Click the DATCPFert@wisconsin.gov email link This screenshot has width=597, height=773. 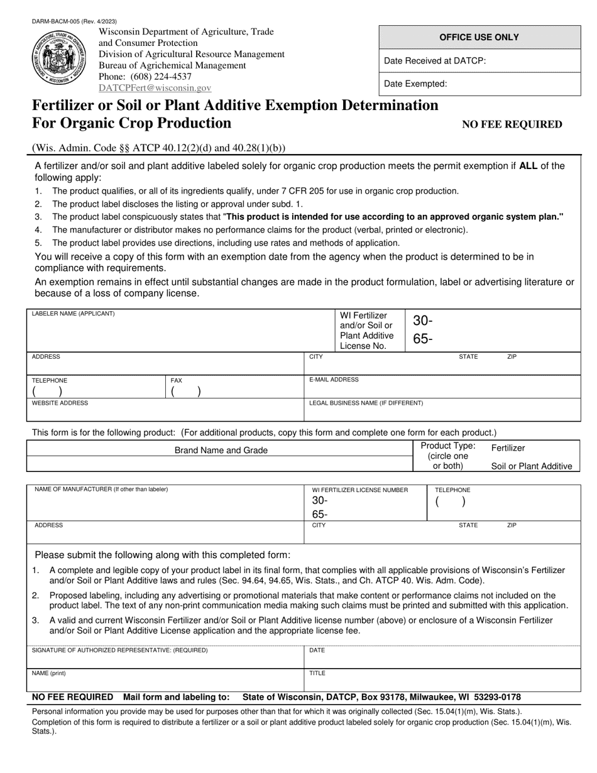(155, 89)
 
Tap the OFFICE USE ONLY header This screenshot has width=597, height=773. (479, 37)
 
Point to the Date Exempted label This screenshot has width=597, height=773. (415, 84)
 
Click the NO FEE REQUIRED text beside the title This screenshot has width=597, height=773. (512, 124)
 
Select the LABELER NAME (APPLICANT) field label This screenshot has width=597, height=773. (74, 313)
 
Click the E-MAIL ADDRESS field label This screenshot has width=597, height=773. (334, 380)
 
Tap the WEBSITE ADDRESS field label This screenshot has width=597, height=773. (60, 403)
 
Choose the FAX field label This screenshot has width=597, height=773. (177, 380)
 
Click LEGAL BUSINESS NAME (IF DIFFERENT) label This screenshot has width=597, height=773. (366, 403)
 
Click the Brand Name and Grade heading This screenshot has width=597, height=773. (221, 450)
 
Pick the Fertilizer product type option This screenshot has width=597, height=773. (508, 447)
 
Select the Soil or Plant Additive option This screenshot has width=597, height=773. (532, 466)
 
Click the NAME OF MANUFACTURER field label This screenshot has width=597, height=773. (101, 489)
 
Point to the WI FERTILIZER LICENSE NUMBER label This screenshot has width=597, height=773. (360, 490)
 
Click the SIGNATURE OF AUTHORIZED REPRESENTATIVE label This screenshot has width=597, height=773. (119, 650)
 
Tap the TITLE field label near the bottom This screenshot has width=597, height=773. (317, 673)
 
